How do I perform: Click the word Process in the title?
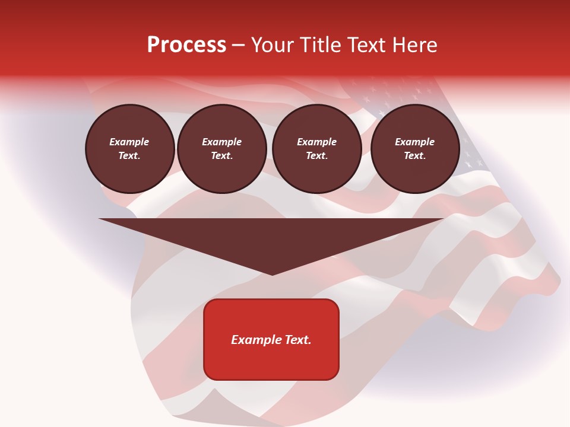(186, 45)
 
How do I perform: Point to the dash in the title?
(239, 46)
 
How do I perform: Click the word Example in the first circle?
(129, 142)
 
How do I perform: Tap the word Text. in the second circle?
(222, 156)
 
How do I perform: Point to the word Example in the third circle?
(317, 142)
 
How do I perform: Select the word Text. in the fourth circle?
(415, 156)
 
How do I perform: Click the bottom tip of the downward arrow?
(272, 274)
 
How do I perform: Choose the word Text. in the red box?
(297, 340)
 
